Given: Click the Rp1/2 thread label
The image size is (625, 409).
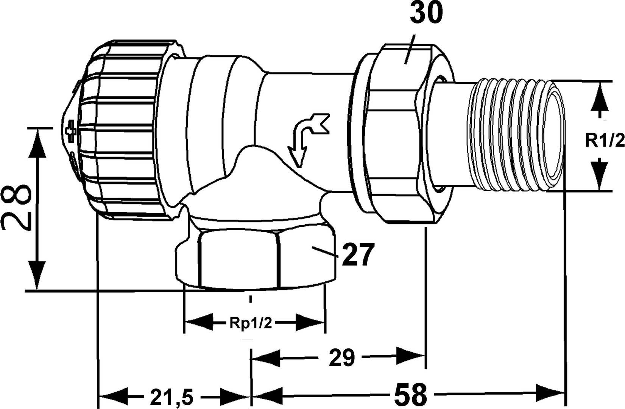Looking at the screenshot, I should click(x=250, y=324).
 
